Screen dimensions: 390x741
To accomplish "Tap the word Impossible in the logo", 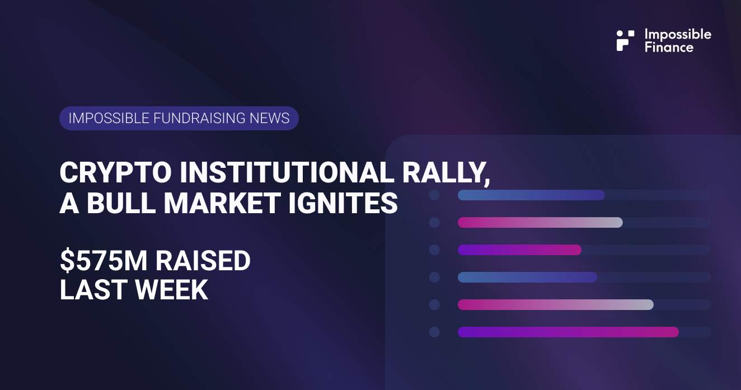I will coord(678,34).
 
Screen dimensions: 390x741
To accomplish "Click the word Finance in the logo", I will coord(669,47).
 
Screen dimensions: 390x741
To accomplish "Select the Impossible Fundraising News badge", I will coord(179,118).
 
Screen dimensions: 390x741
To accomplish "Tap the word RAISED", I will coord(202,261).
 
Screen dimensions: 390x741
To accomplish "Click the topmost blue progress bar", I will coord(531,195).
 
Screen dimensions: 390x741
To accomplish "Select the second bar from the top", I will coord(540,222).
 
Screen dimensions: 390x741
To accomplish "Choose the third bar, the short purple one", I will coord(519,250).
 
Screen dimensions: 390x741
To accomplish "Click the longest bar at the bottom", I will coord(568,332).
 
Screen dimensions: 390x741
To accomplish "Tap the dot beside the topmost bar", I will coord(434,195).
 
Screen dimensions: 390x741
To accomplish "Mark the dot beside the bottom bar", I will coord(434,332).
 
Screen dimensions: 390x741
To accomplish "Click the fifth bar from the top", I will coord(555,304).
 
